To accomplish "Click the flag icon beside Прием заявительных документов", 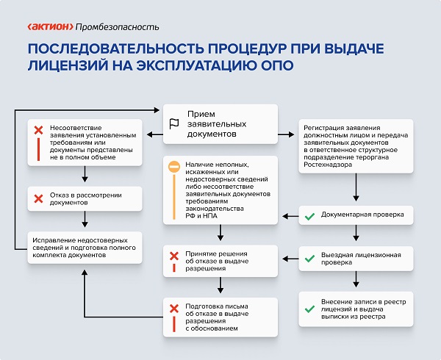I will [x=174, y=123].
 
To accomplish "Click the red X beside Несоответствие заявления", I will [x=39, y=131].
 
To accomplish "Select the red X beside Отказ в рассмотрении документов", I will [x=39, y=198].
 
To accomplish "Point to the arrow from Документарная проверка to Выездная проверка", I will [x=356, y=234].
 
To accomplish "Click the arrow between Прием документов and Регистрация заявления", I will [x=289, y=134].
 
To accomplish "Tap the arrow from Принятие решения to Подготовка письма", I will [x=220, y=285].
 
